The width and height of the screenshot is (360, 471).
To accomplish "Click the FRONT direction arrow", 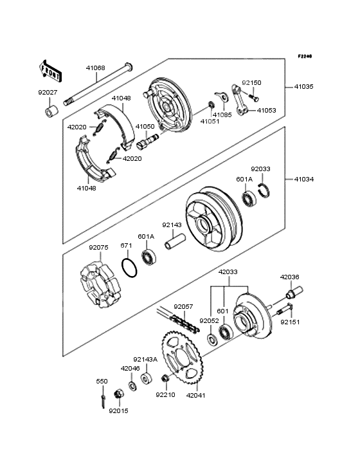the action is (x=50, y=71).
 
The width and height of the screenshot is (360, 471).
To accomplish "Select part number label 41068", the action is (x=95, y=68).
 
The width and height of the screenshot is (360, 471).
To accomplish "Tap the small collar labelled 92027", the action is (x=51, y=111).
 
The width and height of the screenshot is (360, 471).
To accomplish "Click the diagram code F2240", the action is (x=305, y=56).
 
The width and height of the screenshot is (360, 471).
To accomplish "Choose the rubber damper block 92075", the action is (x=101, y=284).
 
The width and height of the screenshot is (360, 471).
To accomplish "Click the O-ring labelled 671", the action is (x=129, y=267).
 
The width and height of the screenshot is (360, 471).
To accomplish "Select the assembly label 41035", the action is (x=303, y=87).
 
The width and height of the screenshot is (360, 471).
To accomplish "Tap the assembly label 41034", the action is (x=304, y=180).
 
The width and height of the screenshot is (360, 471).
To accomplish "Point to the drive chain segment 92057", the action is (x=177, y=320).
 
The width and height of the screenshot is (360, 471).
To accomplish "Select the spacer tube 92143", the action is (x=175, y=242).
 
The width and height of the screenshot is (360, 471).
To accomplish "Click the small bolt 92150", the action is (x=254, y=97).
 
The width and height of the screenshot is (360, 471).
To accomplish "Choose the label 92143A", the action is (x=145, y=360).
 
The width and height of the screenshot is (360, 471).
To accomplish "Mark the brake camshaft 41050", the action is (x=148, y=141).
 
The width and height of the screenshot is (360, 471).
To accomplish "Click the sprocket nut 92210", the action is (x=165, y=378).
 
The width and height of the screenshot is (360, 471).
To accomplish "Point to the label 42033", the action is (x=228, y=272).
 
